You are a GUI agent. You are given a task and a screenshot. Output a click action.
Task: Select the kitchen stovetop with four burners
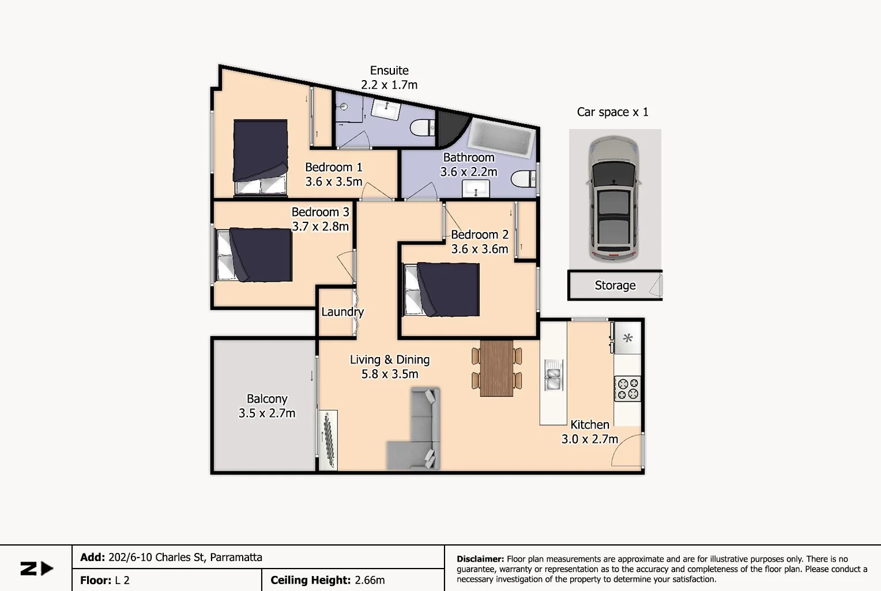click(x=627, y=388)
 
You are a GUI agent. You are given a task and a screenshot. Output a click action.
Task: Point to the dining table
click(x=496, y=369)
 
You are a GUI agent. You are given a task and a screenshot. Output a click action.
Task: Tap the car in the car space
click(x=614, y=198)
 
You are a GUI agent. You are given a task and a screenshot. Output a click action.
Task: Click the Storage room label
click(x=615, y=285)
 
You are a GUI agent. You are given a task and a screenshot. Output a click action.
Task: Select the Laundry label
click(x=342, y=312)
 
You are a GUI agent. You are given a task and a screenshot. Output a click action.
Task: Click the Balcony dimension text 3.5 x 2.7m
click(x=267, y=413)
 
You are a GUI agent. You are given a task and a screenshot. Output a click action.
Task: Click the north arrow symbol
click(x=37, y=569)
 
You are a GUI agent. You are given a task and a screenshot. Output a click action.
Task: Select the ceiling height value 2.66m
click(x=370, y=580)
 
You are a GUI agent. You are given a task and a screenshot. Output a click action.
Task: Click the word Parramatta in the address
click(x=236, y=557)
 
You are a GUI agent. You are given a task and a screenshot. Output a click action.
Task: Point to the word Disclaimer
click(x=480, y=559)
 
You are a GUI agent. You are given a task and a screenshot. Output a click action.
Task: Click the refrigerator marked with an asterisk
click(x=627, y=338)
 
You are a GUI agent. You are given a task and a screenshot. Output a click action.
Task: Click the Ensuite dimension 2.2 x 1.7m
click(x=389, y=85)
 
